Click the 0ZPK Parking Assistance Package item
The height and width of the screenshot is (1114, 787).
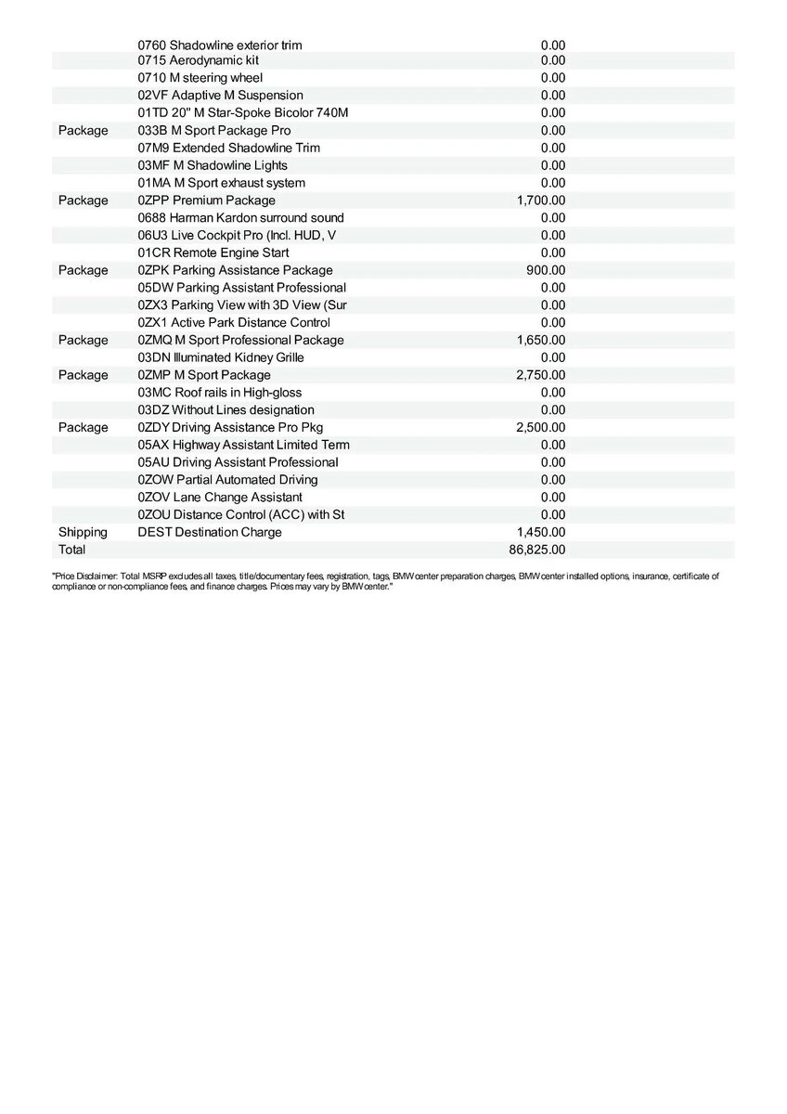[235, 270]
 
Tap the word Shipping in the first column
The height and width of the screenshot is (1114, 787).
[83, 532]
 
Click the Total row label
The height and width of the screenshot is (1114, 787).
[71, 550]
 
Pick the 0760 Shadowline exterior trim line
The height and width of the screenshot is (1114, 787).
[219, 45]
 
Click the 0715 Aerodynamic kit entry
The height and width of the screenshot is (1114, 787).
[198, 60]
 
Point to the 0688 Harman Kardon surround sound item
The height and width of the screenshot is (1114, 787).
[240, 217]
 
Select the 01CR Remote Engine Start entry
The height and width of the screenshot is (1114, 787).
[213, 253]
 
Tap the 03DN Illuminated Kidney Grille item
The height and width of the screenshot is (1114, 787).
[221, 357]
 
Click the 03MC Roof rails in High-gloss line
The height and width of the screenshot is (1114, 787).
[219, 393]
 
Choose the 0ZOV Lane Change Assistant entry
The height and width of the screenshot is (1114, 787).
[220, 498]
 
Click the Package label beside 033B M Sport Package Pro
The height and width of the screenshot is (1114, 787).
[83, 131]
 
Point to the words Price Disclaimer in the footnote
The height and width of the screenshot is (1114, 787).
[88, 576]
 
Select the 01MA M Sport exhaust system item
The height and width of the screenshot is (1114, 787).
[221, 183]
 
